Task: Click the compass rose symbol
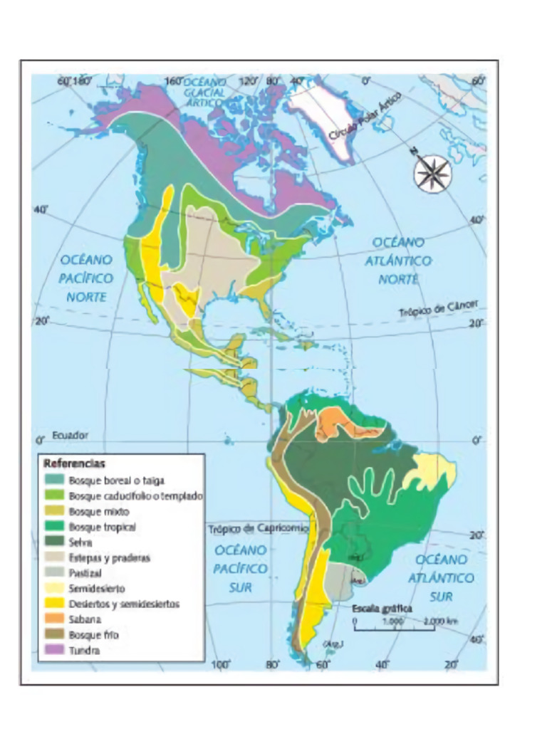tap(432, 172)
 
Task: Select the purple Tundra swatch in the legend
tap(53, 650)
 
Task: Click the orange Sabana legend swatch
tap(53, 619)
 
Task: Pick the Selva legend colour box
tap(53, 542)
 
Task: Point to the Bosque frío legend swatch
tap(53, 635)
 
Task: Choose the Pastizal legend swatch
tap(53, 573)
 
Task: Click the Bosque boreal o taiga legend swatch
tap(53, 481)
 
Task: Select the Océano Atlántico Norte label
tap(398, 261)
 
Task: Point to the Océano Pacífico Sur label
tap(241, 569)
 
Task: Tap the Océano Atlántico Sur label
tap(441, 577)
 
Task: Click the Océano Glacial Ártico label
tap(204, 92)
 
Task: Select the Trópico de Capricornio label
tap(259, 529)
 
